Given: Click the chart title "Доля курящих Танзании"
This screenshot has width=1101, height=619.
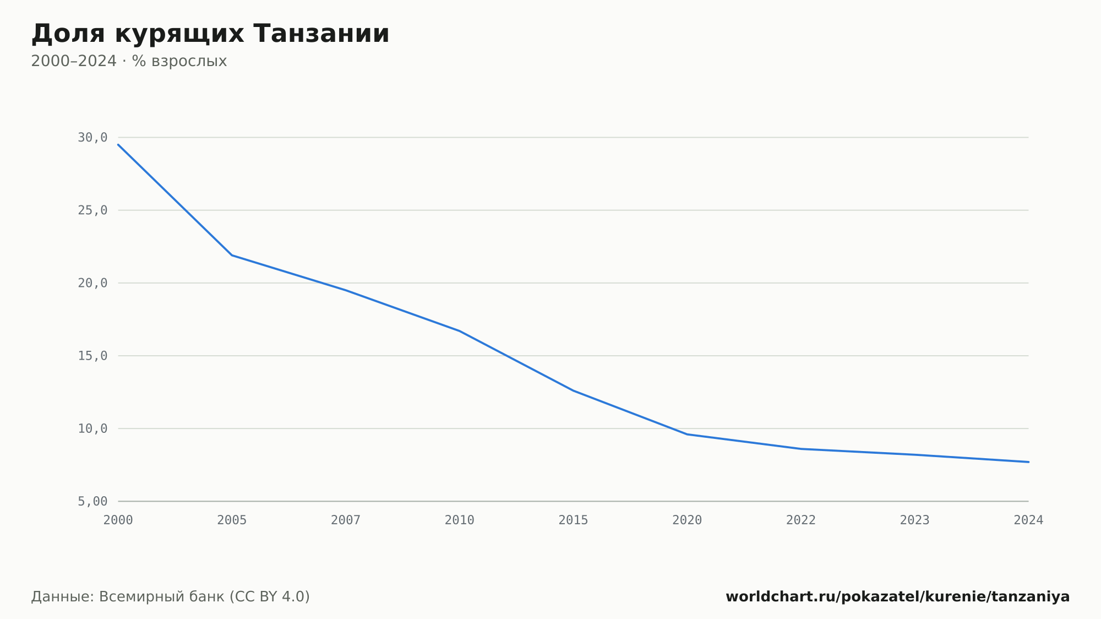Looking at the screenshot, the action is click(x=210, y=34).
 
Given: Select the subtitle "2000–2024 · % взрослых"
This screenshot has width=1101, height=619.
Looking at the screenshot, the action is click(x=129, y=61).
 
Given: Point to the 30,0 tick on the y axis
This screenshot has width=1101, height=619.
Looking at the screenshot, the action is click(x=92, y=138).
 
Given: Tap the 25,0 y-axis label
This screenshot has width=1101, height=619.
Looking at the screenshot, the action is click(x=92, y=210).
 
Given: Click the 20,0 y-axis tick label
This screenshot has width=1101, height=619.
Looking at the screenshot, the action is click(x=92, y=283).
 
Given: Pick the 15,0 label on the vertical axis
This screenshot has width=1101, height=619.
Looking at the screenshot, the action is click(x=92, y=356).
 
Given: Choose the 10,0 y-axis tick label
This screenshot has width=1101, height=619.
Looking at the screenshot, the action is click(x=92, y=428).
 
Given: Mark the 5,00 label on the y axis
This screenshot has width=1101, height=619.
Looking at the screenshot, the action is click(x=92, y=501).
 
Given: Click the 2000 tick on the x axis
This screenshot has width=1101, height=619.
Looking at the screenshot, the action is click(x=118, y=520).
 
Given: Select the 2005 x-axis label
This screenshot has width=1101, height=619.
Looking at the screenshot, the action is click(x=232, y=520).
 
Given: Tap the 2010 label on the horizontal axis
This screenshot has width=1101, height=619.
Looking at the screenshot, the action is click(x=460, y=520).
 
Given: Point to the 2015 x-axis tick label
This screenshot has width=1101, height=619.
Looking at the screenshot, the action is click(x=574, y=520).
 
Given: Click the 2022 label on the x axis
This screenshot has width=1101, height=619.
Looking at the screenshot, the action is click(x=801, y=520).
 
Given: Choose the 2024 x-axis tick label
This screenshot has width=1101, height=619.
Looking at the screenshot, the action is click(x=1028, y=520).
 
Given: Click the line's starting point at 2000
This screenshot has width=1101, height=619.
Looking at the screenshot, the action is click(x=118, y=144).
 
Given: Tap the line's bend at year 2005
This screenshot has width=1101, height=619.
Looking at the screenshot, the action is click(x=232, y=255).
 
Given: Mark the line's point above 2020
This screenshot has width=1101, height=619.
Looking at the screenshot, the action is click(x=687, y=434).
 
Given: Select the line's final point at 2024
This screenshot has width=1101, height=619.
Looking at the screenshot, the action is click(x=1028, y=462).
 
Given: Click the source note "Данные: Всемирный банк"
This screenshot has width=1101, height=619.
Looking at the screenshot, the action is click(x=128, y=597).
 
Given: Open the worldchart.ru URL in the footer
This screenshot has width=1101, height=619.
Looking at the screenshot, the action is click(x=898, y=597).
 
